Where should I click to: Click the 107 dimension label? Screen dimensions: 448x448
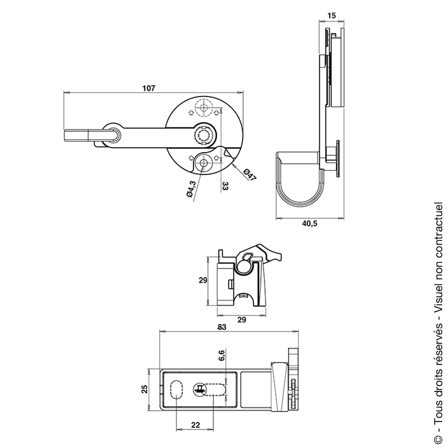149,88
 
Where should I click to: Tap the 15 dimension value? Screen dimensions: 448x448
332,15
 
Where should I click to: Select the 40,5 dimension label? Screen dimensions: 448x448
310,224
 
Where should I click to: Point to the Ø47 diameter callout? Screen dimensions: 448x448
250,175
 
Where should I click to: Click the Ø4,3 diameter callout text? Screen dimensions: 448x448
191,189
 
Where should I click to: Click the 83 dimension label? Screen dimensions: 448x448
221,327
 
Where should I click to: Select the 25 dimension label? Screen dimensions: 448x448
145,389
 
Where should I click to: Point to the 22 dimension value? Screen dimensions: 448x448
195,425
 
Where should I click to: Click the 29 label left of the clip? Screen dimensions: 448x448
203,280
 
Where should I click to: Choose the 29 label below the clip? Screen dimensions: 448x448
241,320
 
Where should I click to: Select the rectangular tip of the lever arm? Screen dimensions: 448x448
77,135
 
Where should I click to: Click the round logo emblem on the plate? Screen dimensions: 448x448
199,389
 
